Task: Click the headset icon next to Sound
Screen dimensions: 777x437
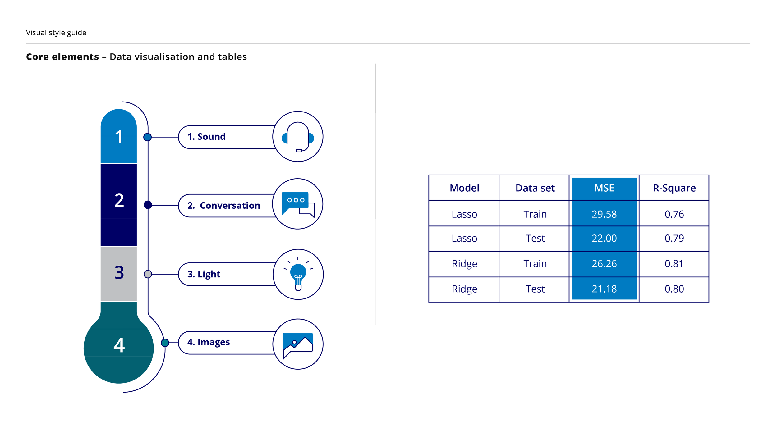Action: tap(298, 137)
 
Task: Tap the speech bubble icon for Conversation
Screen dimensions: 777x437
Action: tap(298, 204)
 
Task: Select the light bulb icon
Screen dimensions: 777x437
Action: tap(298, 274)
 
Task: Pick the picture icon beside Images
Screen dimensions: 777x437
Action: tap(298, 344)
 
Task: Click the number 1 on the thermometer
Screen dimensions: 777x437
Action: tap(119, 137)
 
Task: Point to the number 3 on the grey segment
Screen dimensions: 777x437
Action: tap(119, 273)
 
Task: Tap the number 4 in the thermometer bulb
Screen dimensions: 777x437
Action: tap(119, 345)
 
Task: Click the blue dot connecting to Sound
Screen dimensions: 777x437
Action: tap(148, 137)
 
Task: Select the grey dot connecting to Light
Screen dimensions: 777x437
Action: tap(148, 274)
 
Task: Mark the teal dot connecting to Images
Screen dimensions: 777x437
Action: tap(165, 343)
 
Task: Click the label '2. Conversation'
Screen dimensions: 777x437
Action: tap(223, 205)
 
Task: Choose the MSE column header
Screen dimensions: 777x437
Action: tap(604, 188)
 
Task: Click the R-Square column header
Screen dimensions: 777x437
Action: tap(674, 188)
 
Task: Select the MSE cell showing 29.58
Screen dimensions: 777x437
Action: tap(604, 214)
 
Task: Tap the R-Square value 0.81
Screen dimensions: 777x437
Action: tap(674, 264)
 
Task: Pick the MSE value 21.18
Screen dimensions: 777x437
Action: tap(604, 289)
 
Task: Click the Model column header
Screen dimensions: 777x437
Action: tap(464, 188)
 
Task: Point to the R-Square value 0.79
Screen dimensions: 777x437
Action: tap(674, 238)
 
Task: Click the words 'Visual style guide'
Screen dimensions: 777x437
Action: tap(56, 33)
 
